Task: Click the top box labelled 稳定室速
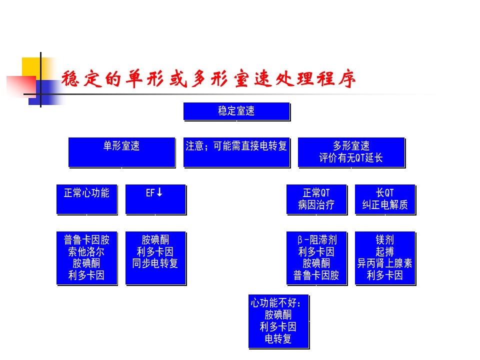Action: coord(236,111)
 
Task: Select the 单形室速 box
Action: coord(122,152)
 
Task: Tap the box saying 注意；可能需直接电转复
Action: coord(236,152)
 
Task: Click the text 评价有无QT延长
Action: coord(351,158)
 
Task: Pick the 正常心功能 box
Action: coord(87,199)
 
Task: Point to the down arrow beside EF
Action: coord(159,192)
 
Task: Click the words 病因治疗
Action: coord(316,205)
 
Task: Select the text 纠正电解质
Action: coord(385,205)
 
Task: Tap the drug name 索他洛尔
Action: coord(86,251)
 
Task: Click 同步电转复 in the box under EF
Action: coord(155,263)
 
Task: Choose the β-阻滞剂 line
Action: coord(316,239)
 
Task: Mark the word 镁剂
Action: coord(385,239)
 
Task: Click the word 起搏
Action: coord(385,251)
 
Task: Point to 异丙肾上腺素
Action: coord(385,263)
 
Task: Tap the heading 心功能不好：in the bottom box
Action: coord(276,303)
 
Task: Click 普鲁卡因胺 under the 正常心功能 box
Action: coord(86,239)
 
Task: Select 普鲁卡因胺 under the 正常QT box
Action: coord(316,275)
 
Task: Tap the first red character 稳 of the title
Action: coord(70,79)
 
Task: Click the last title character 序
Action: coord(347,79)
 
